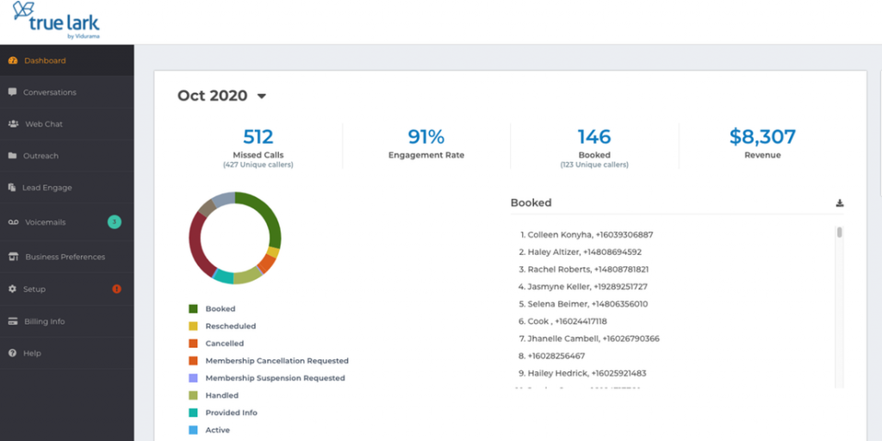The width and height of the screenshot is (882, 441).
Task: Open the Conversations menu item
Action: point(49,92)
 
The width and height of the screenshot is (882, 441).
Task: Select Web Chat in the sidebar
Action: point(43,124)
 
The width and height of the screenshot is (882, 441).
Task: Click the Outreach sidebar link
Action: point(40,156)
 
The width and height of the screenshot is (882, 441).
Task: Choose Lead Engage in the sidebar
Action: point(47,188)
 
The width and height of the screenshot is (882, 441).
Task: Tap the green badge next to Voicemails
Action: point(114,222)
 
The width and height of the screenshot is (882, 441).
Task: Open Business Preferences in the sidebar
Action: point(65,257)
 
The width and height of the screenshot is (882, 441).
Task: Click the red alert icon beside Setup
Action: point(117,289)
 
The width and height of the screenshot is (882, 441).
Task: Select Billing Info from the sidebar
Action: point(44,321)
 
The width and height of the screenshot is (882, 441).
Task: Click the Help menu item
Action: point(32,353)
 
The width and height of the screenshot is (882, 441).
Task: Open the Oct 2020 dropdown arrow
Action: point(262,96)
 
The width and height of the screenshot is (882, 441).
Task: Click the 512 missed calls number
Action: point(258,137)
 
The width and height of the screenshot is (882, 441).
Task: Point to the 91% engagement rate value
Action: point(425,137)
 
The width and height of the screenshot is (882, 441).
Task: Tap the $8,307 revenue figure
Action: point(762,137)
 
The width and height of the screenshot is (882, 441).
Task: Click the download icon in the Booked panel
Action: point(840,203)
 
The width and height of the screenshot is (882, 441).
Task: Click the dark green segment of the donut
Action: point(267,215)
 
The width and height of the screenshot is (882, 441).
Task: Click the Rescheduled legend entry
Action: point(230,326)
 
